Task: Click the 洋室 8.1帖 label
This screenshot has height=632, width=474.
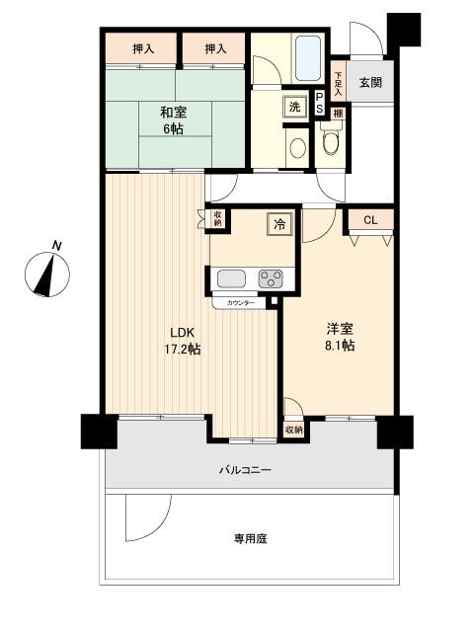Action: point(339,339)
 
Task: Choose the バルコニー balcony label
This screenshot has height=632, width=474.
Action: point(244,470)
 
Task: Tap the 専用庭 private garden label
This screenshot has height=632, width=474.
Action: point(251,538)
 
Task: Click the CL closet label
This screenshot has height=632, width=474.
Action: point(370,220)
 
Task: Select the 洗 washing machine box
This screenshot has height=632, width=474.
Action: point(294,107)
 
